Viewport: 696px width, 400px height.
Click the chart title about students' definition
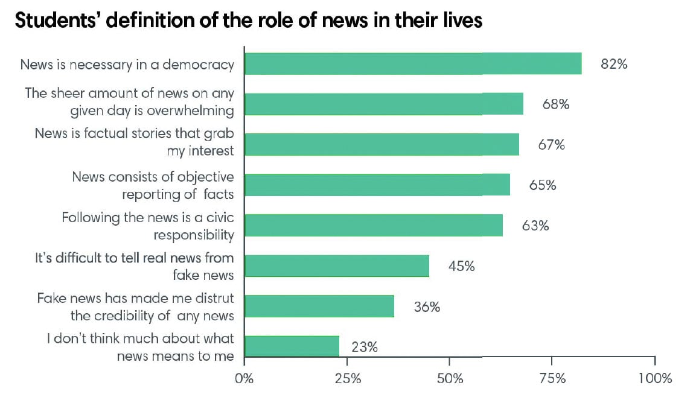point(249,20)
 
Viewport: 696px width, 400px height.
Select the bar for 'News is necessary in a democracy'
point(413,64)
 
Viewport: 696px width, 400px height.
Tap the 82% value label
point(613,64)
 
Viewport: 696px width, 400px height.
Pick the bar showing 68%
point(384,104)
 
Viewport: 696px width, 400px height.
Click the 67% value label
point(551,145)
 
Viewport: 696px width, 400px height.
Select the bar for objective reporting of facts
point(377,185)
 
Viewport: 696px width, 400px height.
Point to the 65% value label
point(542,185)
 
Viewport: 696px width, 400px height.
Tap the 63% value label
point(535,226)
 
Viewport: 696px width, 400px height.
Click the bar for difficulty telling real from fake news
point(337,266)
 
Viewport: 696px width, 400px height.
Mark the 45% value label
point(461,266)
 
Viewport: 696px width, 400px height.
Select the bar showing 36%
point(319,306)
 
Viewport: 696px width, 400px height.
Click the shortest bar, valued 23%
point(292,346)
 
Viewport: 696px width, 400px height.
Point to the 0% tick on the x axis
point(244,379)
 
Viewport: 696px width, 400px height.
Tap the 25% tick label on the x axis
point(347,379)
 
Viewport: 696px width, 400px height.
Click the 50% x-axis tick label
point(450,379)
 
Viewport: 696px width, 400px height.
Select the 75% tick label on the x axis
point(552,379)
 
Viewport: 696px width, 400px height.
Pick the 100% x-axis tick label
point(654,379)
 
